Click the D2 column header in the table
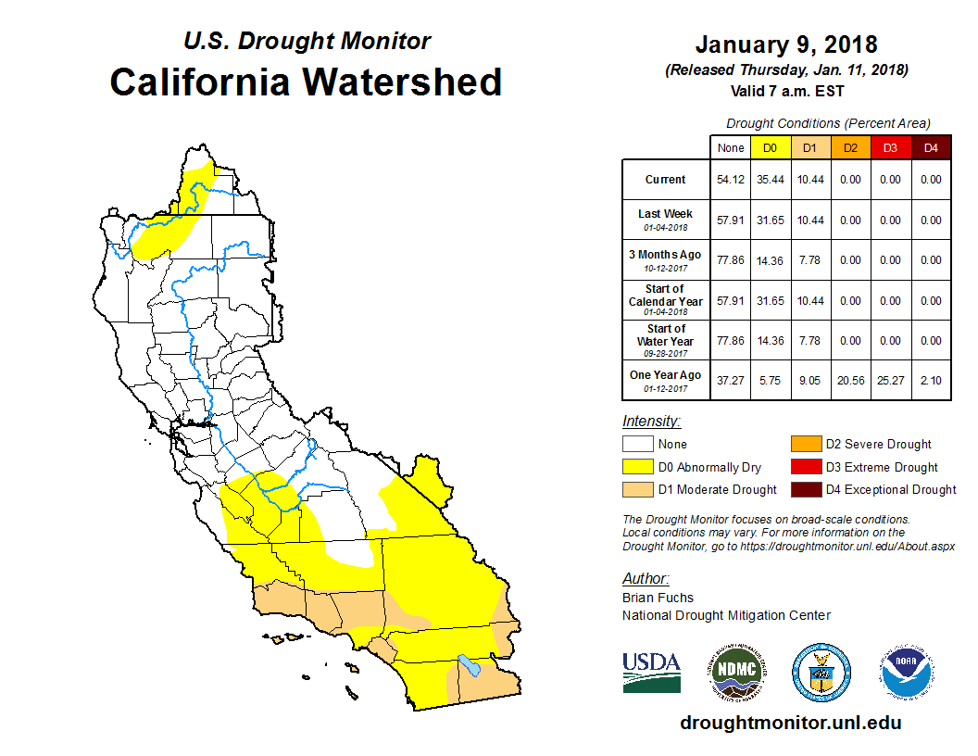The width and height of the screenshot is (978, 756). click(x=849, y=147)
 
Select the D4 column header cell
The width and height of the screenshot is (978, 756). click(x=930, y=147)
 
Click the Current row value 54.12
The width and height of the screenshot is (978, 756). click(x=731, y=180)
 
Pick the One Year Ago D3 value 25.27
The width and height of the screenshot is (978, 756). click(x=889, y=381)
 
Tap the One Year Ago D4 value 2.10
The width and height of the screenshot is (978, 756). click(x=930, y=381)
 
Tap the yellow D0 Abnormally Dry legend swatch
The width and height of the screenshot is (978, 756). click(x=637, y=467)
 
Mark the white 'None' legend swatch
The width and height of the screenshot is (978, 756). click(x=637, y=445)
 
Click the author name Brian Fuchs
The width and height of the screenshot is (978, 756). click(x=658, y=598)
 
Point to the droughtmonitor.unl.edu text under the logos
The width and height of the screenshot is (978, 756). click(x=790, y=723)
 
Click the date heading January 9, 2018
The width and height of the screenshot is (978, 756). click(x=786, y=44)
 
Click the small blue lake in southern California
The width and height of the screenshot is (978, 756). click(x=468, y=665)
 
